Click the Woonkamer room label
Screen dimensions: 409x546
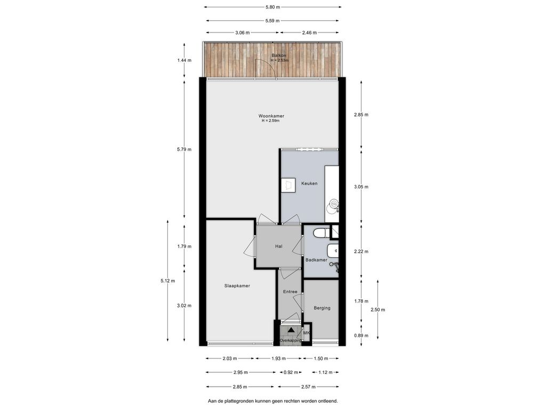(x=271, y=116)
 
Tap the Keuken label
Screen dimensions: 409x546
(x=309, y=183)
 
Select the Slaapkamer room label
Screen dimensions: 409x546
(x=237, y=286)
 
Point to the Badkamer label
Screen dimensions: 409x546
(x=316, y=260)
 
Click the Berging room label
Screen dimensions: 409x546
(x=322, y=308)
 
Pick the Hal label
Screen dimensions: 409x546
(x=278, y=247)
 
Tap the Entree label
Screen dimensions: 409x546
(x=290, y=292)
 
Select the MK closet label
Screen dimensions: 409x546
(x=306, y=333)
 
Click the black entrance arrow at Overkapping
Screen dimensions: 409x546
(x=291, y=330)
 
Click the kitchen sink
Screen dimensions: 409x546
(x=333, y=203)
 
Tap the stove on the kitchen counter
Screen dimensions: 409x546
(x=288, y=184)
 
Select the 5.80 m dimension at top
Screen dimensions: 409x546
(x=272, y=7)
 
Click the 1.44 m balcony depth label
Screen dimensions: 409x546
(x=184, y=60)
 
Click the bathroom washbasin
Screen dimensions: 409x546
(x=333, y=249)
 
